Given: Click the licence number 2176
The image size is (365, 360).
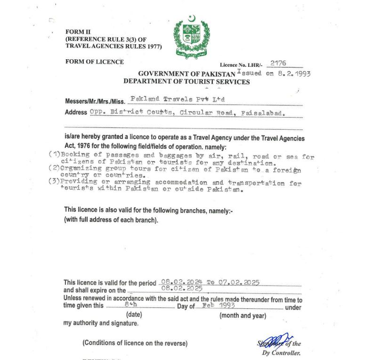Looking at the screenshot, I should point(278,63).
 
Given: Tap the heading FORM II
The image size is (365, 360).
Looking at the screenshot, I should point(75,32).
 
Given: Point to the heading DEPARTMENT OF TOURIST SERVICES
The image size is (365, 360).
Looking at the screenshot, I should point(187,81).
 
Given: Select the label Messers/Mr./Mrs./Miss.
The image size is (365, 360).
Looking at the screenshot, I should point(95,101).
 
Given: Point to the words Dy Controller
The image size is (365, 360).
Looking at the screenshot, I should point(281,353).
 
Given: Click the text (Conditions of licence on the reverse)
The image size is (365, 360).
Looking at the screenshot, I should point(135,343).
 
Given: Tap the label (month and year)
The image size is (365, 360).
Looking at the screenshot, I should point(243,315).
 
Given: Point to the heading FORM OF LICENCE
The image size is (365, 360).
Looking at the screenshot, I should point(95,62).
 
